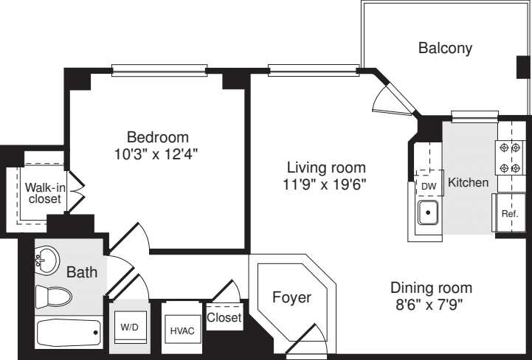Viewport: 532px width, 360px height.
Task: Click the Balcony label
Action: pos(445,49)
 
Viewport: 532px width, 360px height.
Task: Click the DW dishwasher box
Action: pos(428,186)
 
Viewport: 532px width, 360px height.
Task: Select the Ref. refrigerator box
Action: pos(508,212)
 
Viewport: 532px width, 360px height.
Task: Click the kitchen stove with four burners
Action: pos(505,157)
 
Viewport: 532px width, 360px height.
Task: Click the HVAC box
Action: pos(182,330)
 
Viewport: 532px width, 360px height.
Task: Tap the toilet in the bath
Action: pos(55,297)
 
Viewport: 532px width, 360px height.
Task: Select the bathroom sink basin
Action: pos(47,260)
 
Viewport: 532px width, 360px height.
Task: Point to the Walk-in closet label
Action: pos(44,193)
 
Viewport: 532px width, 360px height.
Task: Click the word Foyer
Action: pos(291,298)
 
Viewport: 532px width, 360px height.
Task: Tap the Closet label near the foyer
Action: pos(224,317)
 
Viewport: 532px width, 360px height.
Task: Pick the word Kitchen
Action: pos(469,182)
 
